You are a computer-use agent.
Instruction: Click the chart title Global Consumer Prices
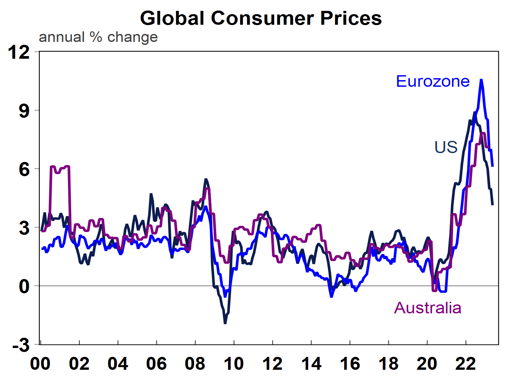tap(261, 18)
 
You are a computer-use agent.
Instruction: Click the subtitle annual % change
tap(98, 37)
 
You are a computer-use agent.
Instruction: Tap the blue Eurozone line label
tap(432, 81)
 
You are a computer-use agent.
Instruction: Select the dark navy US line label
tap(446, 147)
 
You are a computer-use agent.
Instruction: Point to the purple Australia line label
tap(428, 308)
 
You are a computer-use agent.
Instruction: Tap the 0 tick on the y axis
tap(24, 286)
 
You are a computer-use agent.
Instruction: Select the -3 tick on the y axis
tap(21, 346)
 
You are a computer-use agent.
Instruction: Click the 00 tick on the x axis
tap(40, 364)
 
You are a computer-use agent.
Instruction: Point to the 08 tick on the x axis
tap(195, 364)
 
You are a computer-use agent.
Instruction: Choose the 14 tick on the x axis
tap(311, 364)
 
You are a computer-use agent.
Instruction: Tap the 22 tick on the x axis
tap(466, 364)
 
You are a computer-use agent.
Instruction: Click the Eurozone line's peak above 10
tap(481, 80)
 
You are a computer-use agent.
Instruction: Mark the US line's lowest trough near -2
tap(225, 323)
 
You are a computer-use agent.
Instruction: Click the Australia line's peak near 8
tap(483, 134)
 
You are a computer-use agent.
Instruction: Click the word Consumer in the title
tap(262, 18)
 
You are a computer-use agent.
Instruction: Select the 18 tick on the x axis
tap(388, 364)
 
